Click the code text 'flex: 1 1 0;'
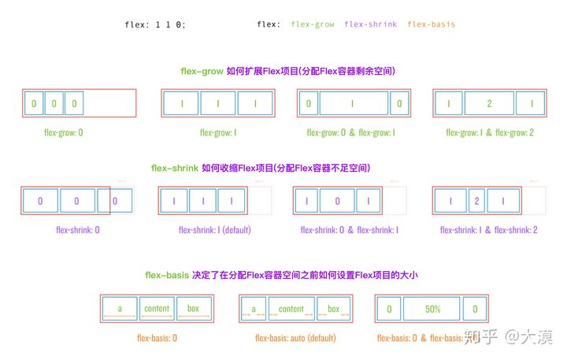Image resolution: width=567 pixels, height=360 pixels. tap(155, 24)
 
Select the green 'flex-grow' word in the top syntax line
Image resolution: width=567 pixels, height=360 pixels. tap(313, 24)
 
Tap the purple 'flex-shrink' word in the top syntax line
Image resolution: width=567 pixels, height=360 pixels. tap(371, 24)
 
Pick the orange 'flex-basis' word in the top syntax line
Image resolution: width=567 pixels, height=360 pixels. tap(431, 24)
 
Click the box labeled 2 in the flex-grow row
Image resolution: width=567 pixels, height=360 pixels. tap(489, 103)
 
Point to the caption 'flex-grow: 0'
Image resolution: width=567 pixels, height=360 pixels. tap(63, 132)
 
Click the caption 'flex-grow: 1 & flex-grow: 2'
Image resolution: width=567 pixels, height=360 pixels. tap(490, 132)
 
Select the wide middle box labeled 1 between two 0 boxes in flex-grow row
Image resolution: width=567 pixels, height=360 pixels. tap(353, 103)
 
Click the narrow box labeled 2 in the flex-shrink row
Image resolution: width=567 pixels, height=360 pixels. tap(476, 201)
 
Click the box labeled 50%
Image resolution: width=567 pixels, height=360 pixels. tap(432, 310)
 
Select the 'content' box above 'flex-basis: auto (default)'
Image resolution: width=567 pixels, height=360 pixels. tap(291, 309)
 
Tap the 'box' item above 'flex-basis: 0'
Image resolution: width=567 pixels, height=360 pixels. tap(194, 309)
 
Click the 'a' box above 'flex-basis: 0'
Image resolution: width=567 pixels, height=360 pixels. tap(120, 309)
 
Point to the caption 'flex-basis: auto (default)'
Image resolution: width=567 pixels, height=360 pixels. tap(296, 338)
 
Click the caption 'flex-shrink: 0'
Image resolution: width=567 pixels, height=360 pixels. tap(78, 230)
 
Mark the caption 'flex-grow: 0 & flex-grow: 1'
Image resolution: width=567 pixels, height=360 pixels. tap(351, 132)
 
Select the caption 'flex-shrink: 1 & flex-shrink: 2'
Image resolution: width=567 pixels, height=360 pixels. tap(488, 230)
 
